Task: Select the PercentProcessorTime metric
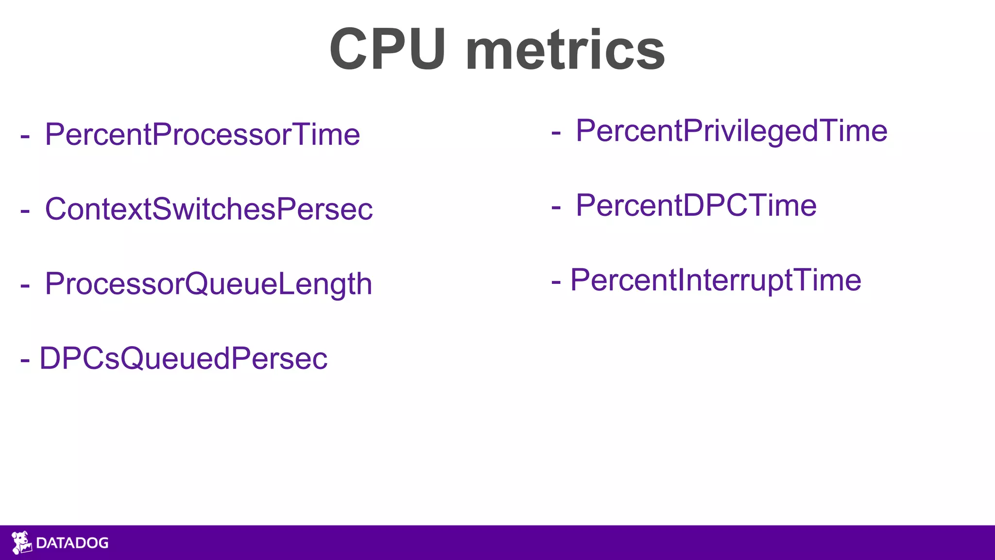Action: point(202,134)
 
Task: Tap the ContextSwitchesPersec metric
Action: point(208,209)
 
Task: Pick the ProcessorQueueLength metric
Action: point(208,284)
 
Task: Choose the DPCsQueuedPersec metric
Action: point(183,359)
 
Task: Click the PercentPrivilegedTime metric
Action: point(731,131)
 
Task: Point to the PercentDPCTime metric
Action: point(696,205)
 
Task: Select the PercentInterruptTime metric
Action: point(716,280)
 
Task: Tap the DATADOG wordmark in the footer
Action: point(72,543)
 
